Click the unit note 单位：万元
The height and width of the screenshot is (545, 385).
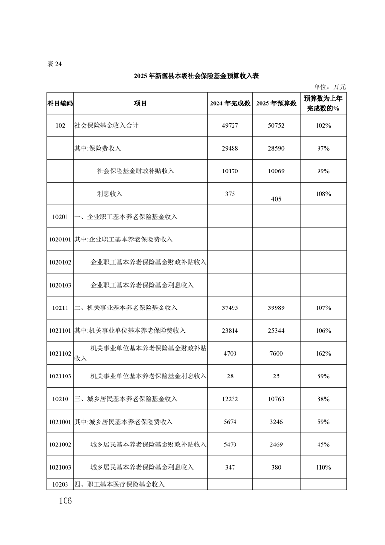[x=330, y=87]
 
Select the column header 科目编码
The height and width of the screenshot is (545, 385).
[x=60, y=103]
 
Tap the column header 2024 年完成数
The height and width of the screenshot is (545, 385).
[x=230, y=103]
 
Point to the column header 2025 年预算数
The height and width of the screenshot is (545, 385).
[x=276, y=103]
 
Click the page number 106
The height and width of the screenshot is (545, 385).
[x=63, y=501]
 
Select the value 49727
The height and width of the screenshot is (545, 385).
[x=230, y=126]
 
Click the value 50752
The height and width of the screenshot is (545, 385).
[x=276, y=126]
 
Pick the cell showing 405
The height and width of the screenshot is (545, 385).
[x=276, y=199]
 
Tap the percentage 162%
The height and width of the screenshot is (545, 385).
[x=323, y=353]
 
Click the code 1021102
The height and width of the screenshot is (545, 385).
[x=60, y=353]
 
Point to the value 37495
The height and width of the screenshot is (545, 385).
[x=230, y=307]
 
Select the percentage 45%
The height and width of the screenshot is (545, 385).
[x=323, y=444]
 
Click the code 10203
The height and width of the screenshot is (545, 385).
[x=60, y=484]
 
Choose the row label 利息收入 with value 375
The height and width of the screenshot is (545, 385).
[x=110, y=194]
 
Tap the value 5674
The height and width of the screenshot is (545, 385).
[x=230, y=422]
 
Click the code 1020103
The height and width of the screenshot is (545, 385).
[x=60, y=285]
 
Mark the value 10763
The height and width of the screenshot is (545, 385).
[x=276, y=399]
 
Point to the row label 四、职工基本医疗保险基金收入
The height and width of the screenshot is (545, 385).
[x=119, y=484]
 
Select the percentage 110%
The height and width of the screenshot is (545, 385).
[x=323, y=467]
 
